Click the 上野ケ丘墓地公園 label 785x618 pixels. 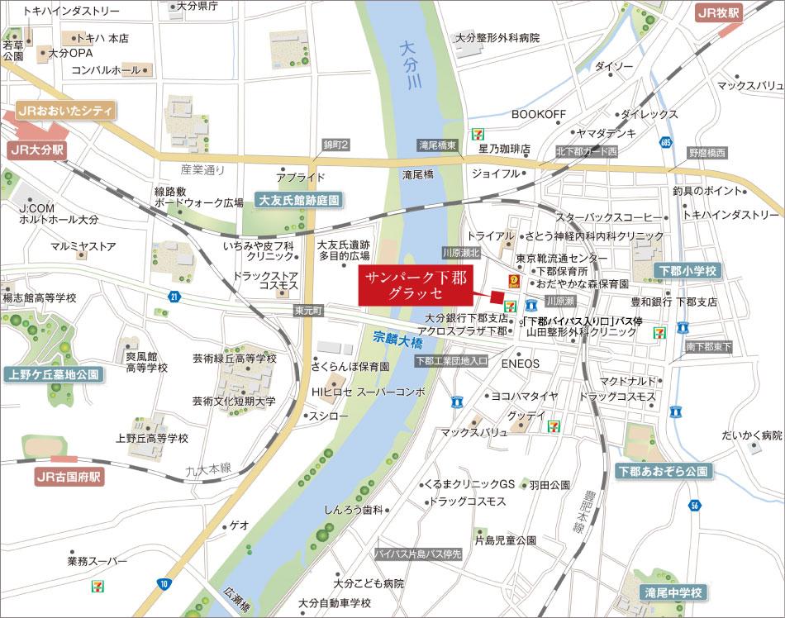pyautogui.click(x=54, y=374)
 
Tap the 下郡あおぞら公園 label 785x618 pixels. pyautogui.click(x=663, y=471)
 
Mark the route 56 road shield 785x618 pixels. pyautogui.click(x=695, y=505)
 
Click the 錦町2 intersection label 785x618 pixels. pyautogui.click(x=336, y=145)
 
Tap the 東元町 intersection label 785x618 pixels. pyautogui.click(x=310, y=311)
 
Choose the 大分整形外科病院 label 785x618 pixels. pyautogui.click(x=497, y=38)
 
